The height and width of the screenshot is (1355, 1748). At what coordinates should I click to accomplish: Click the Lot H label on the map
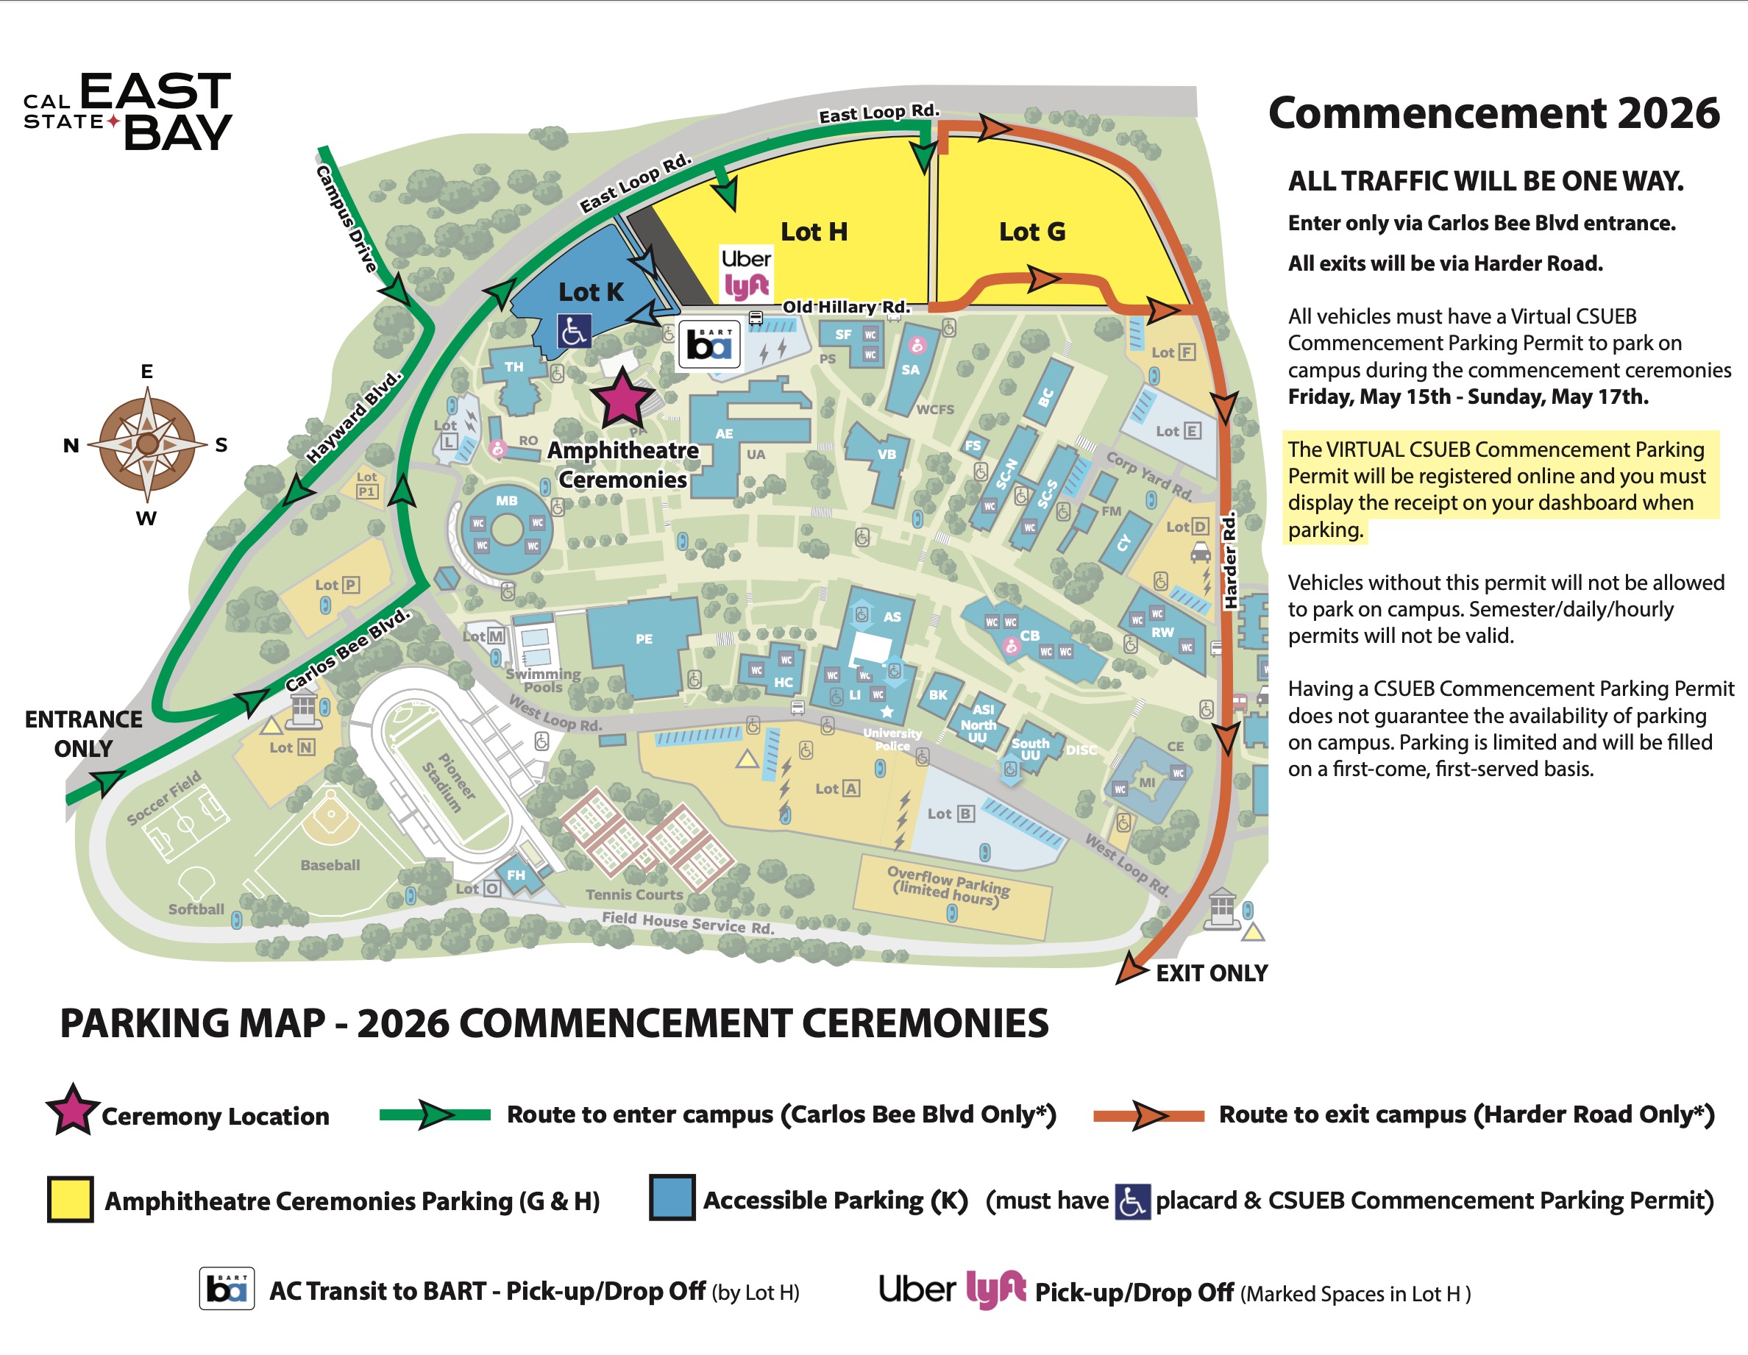(813, 232)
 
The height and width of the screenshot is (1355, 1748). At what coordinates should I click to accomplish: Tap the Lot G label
(1031, 232)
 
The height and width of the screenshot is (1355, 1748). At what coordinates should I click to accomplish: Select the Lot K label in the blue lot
(591, 292)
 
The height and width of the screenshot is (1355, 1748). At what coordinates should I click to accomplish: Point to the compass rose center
(147, 444)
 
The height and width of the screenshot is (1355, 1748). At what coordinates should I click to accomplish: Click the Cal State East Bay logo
(128, 112)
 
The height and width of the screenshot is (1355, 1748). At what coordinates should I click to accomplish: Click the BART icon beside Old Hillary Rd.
(709, 344)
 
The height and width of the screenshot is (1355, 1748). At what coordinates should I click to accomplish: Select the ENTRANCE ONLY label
(83, 733)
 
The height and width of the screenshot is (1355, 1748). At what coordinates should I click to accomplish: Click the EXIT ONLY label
(1211, 973)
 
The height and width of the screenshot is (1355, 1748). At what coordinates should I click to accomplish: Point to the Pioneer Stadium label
(450, 782)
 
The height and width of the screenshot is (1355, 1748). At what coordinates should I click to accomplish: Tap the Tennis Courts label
(634, 895)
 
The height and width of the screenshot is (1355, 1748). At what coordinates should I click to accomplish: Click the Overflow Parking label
(949, 885)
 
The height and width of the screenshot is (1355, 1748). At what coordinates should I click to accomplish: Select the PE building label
(644, 639)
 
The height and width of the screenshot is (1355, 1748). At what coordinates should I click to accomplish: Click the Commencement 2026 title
(1493, 113)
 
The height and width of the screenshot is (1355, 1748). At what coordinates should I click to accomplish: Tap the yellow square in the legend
(71, 1199)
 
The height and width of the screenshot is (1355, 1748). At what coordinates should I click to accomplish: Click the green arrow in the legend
(435, 1114)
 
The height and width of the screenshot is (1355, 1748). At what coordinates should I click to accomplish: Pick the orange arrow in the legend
(1148, 1115)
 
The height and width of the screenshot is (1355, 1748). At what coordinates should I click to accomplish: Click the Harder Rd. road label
(1229, 561)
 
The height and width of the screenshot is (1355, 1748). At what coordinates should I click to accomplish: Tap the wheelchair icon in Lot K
(574, 330)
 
